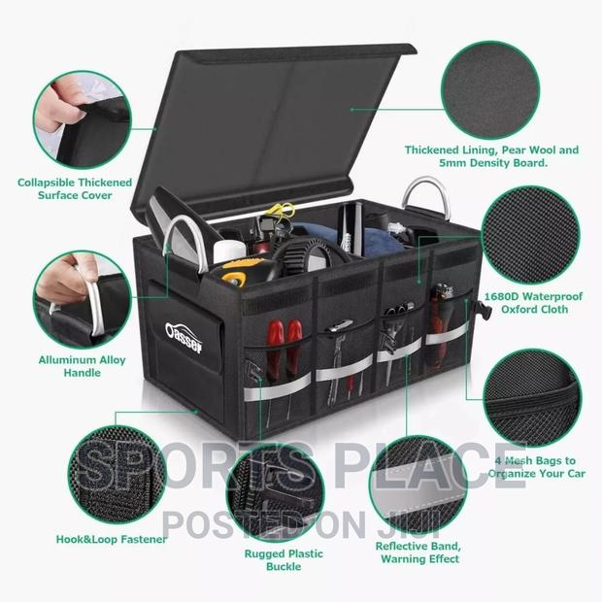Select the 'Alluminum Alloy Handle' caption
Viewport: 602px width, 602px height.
(94, 366)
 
